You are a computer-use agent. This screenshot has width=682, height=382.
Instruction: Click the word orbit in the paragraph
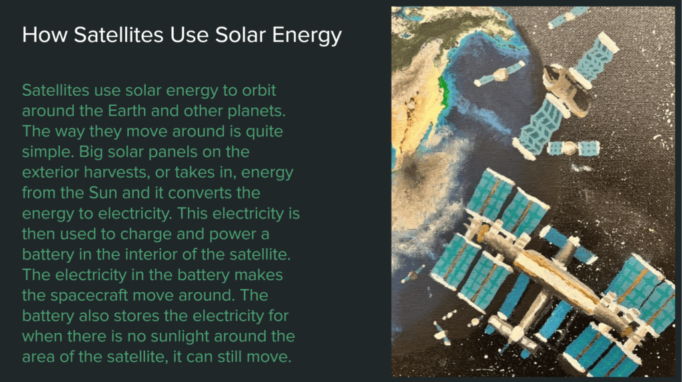pos(259,91)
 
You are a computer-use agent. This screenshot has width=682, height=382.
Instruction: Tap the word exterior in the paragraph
pos(51,172)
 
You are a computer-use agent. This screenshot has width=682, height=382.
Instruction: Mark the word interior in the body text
pos(151,254)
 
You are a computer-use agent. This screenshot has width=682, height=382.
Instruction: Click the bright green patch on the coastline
pos(444,91)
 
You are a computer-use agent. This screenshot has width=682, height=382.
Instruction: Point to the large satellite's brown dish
pos(565,91)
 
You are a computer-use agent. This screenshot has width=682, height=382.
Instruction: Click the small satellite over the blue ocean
pos(500,74)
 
